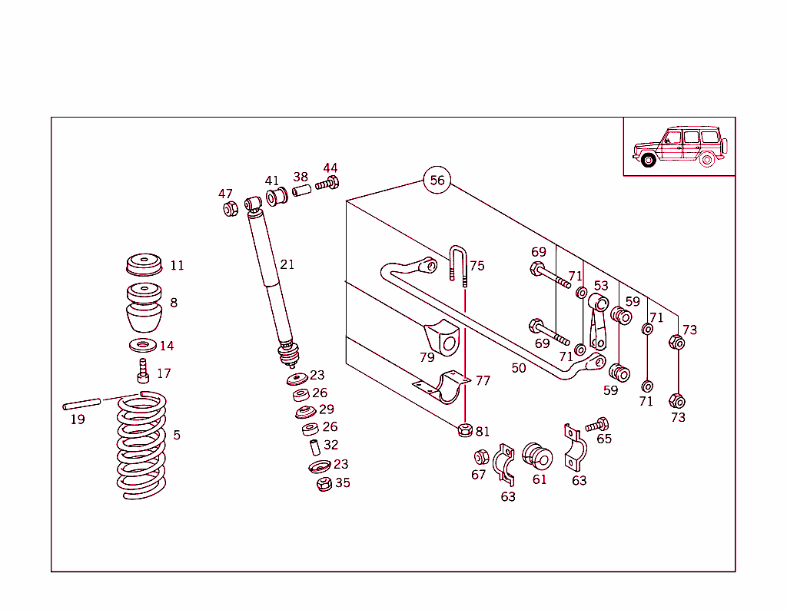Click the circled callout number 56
tap(437, 181)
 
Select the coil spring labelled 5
tap(141, 446)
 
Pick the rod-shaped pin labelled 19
tap(82, 403)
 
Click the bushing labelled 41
tap(276, 197)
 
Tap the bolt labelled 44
tap(327, 184)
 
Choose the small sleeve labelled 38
tap(301, 190)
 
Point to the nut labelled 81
tap(464, 429)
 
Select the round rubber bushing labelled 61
tap(537, 456)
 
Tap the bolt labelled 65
tap(596, 424)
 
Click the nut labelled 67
tap(481, 457)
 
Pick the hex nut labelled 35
tap(324, 484)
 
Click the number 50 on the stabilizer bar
tap(519, 368)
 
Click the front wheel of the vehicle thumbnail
tap(648, 160)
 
